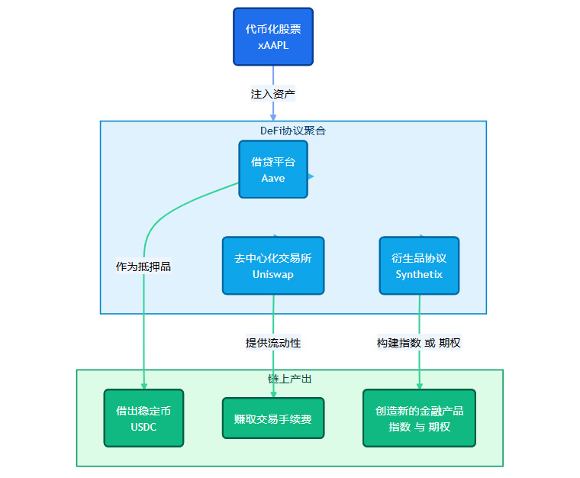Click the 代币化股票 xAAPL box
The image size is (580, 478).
pyautogui.click(x=273, y=37)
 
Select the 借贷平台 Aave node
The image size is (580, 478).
pyautogui.click(x=273, y=169)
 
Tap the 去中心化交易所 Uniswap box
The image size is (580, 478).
pyautogui.click(x=273, y=265)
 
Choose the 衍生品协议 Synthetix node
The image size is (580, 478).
pyautogui.click(x=419, y=265)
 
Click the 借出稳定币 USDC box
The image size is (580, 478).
pyautogui.click(x=143, y=418)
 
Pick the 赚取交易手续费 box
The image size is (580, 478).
pyautogui.click(x=273, y=418)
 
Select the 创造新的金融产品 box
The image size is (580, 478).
pyautogui.click(x=419, y=418)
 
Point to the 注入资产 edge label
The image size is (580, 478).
pyautogui.click(x=273, y=94)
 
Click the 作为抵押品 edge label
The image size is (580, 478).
pyautogui.click(x=143, y=266)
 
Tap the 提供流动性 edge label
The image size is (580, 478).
pyautogui.click(x=273, y=343)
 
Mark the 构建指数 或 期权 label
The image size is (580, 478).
pyautogui.click(x=419, y=343)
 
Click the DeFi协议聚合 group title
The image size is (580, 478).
pyautogui.click(x=293, y=131)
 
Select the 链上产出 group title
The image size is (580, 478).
pyautogui.click(x=289, y=379)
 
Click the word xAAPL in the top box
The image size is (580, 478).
pyautogui.click(x=273, y=46)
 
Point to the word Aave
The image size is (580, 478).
pyautogui.click(x=273, y=178)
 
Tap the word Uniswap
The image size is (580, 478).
pyautogui.click(x=273, y=274)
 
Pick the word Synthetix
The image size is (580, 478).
pyautogui.click(x=419, y=274)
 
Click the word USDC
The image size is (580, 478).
pyautogui.click(x=143, y=427)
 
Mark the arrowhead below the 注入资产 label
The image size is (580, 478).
pyautogui.click(x=273, y=117)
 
